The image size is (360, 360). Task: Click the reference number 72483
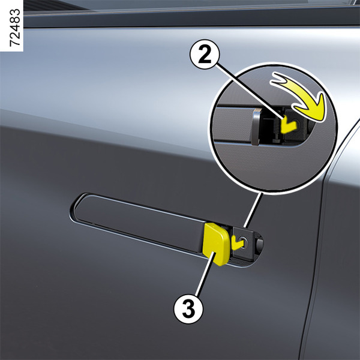15,28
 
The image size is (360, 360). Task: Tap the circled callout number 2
205,54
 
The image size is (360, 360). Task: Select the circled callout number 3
188,308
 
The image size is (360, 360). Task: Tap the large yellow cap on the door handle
215,244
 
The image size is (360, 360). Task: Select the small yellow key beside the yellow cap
237,242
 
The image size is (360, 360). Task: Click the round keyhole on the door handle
244,241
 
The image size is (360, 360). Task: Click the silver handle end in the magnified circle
256,127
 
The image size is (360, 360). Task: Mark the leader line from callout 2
250,91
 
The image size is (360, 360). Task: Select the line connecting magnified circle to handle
253,210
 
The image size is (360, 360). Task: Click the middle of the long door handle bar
140,223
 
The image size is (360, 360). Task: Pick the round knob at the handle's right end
259,244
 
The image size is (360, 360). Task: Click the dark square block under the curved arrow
296,125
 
